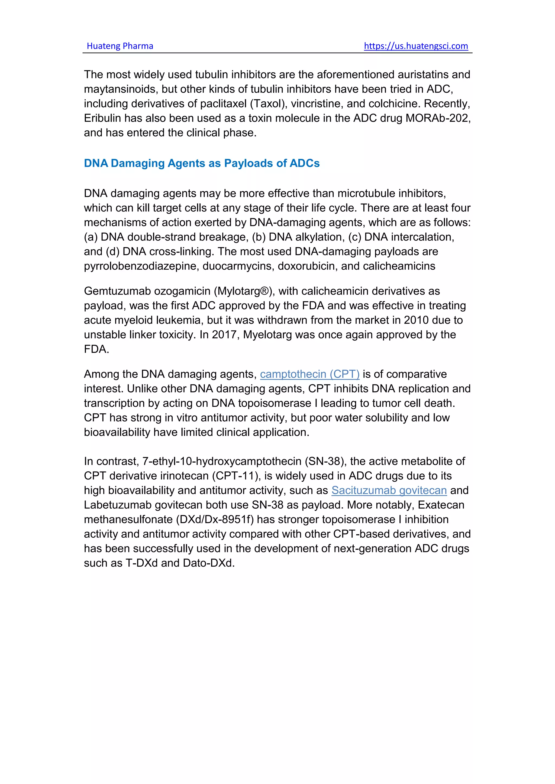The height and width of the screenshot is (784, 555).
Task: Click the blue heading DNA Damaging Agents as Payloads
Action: tap(202, 163)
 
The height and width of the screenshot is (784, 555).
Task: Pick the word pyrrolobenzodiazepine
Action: tap(141, 266)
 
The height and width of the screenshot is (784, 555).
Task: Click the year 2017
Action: tap(225, 335)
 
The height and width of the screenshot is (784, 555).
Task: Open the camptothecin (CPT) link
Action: tap(310, 374)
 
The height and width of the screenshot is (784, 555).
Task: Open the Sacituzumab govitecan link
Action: tap(389, 490)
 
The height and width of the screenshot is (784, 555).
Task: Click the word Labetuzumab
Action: tap(118, 505)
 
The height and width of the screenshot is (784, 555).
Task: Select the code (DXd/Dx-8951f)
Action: tap(215, 519)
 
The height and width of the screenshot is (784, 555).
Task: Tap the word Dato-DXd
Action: tap(208, 563)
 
